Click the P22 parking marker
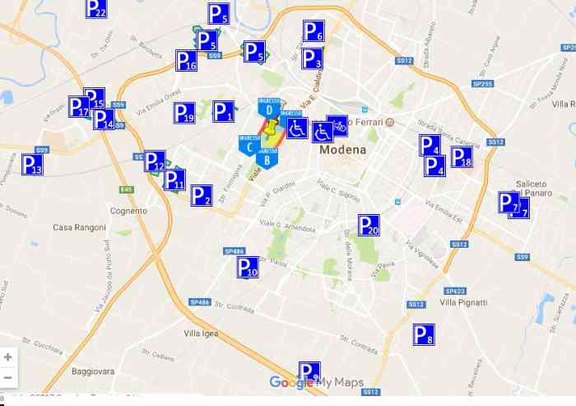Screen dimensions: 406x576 click(96, 9)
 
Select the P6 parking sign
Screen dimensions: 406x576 click(314, 31)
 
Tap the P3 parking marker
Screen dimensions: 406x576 click(313, 58)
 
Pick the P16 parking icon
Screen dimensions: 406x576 click(186, 61)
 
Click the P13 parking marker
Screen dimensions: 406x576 click(32, 165)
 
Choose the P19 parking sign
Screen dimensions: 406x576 click(184, 113)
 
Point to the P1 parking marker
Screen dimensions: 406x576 click(223, 111)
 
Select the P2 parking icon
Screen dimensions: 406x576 click(202, 196)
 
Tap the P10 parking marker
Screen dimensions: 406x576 click(248, 267)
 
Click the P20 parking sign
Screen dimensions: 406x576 click(369, 225)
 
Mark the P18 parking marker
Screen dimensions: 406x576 click(462, 157)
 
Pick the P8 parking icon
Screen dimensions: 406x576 click(423, 334)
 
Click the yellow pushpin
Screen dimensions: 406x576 click(271, 128)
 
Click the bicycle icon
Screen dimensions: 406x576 click(337, 125)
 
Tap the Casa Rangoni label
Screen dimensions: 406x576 click(79, 227)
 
